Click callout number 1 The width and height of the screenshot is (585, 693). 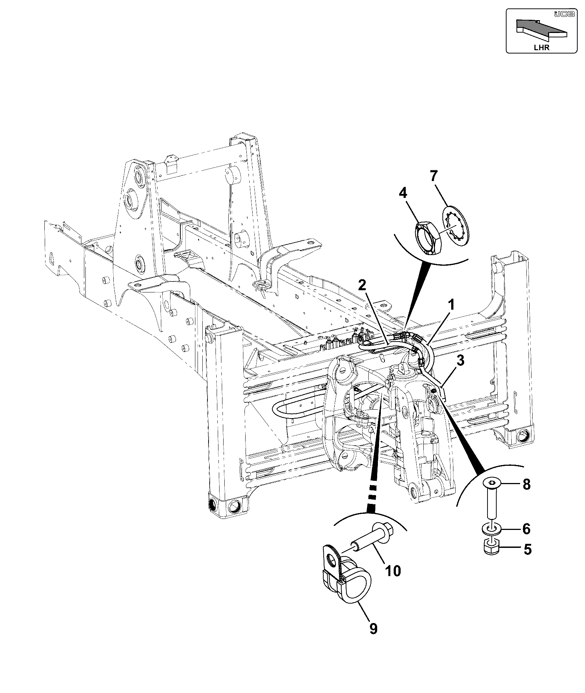tap(451, 304)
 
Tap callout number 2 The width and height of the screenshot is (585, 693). tap(362, 284)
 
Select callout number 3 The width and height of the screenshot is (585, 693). tap(461, 361)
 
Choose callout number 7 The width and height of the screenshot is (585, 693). tap(434, 176)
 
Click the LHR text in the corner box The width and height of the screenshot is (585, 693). tap(542, 47)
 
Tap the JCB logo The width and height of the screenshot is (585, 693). tap(560, 14)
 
